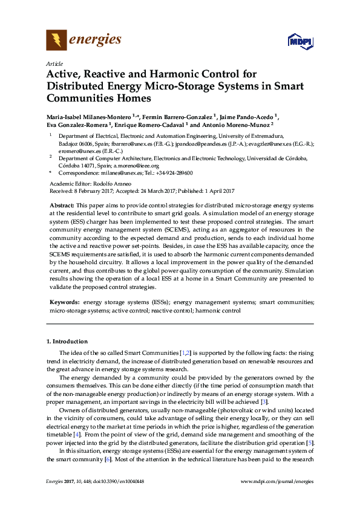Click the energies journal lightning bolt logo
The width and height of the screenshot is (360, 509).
pyautogui.click(x=56, y=40)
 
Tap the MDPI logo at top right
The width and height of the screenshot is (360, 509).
pyautogui.click(x=300, y=42)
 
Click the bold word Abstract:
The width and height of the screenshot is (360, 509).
pyautogui.click(x=62, y=206)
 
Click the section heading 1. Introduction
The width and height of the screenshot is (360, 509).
pyautogui.click(x=67, y=341)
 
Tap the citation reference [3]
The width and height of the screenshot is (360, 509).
pyautogui.click(x=247, y=402)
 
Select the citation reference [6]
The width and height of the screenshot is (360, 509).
pyautogui.click(x=108, y=459)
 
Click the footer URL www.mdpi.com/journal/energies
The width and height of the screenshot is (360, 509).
pyautogui.click(x=277, y=481)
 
